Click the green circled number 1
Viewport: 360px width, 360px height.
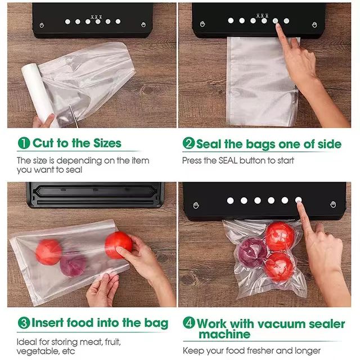[24, 143]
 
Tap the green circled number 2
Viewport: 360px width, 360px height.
[188, 144]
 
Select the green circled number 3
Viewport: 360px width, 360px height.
[24, 323]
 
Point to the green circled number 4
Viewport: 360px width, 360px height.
[188, 324]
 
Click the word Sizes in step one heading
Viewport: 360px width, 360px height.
[102, 143]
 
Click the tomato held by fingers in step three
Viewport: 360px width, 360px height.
[118, 245]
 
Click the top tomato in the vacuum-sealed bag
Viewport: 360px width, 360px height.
[280, 236]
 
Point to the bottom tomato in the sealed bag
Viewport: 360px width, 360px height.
[279, 267]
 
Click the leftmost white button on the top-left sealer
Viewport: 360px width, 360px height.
[67, 21]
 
